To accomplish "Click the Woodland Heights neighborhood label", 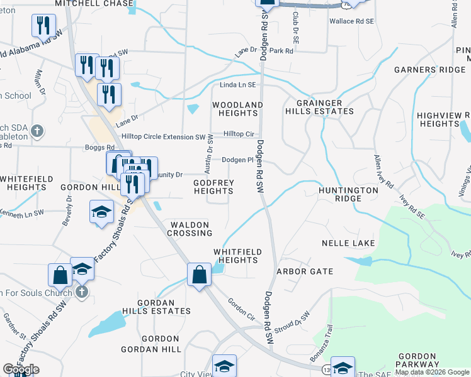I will click(237, 109).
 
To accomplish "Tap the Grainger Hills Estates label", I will click(319, 107).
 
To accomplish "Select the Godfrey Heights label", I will click(213, 187).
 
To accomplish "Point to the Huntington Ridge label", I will click(340, 194).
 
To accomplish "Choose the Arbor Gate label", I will click(305, 271).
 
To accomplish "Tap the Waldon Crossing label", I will click(190, 229).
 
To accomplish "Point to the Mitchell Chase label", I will click(94, 4).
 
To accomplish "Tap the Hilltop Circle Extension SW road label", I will click(163, 136).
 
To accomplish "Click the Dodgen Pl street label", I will click(237, 160).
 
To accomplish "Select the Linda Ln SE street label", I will click(238, 85).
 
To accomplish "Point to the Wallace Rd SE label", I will click(351, 21).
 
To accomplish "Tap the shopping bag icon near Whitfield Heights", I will click(199, 275).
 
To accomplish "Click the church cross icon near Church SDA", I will click(38, 131).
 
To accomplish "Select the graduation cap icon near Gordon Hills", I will click(101, 212).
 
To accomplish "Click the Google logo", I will click(21, 369).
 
